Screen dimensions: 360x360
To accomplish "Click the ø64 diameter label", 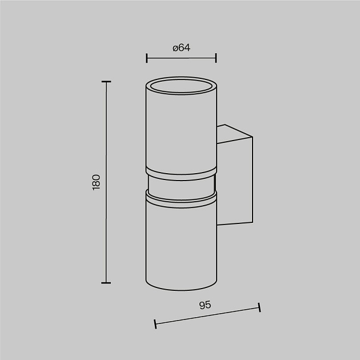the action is pos(181,48).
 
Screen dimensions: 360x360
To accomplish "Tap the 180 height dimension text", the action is pos(96,182).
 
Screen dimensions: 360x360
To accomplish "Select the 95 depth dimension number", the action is pos(205,305).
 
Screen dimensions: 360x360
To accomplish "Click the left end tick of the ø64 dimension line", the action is pos(146,58).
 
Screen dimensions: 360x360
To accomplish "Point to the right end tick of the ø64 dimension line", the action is pos(216,58).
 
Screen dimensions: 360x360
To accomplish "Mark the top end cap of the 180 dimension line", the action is pos(106,82).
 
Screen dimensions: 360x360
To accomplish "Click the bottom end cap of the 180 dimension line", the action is pos(106,283).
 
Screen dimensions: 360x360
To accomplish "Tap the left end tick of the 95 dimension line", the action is pos(155,324).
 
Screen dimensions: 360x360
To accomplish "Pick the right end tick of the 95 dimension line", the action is pos(259,307).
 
